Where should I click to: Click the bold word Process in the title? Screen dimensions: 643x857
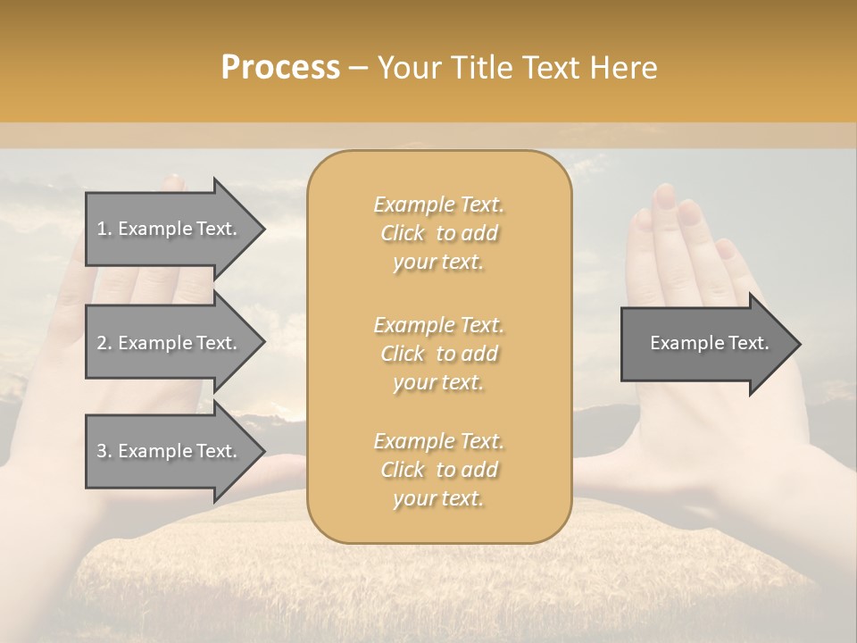pos(280,68)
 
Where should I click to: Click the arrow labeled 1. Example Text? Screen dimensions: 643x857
pos(168,229)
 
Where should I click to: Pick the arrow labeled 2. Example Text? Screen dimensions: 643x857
pos(168,343)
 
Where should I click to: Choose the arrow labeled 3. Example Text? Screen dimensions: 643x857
pos(168,451)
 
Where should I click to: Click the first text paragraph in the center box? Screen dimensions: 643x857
pos(438,233)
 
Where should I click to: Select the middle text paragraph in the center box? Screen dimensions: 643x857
pos(438,353)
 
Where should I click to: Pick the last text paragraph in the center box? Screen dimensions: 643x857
pos(438,470)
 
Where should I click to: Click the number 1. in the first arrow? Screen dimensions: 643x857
pos(104,229)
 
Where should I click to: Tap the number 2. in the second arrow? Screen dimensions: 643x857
pos(104,343)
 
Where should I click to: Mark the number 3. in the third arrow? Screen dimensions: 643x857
pos(104,451)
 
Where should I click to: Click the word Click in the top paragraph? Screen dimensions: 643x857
pos(403,233)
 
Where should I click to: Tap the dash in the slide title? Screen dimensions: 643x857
pos(359,69)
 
